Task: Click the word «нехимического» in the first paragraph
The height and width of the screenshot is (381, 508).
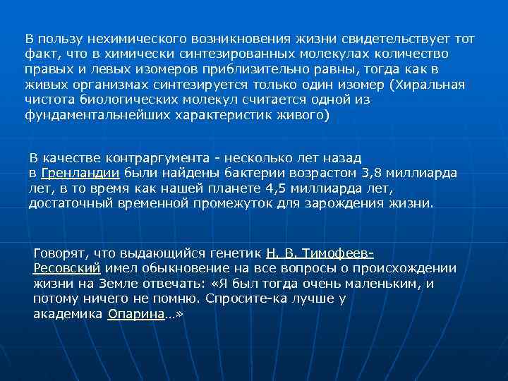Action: point(115,38)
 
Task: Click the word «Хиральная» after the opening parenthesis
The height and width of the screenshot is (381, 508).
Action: point(431,85)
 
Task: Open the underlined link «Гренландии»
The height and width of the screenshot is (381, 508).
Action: point(81,173)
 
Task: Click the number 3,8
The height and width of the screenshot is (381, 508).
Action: point(371,173)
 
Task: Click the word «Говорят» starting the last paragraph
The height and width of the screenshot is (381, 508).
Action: point(58,253)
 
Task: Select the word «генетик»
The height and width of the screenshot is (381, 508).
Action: point(238,253)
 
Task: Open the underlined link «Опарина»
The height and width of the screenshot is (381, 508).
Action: point(135,315)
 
